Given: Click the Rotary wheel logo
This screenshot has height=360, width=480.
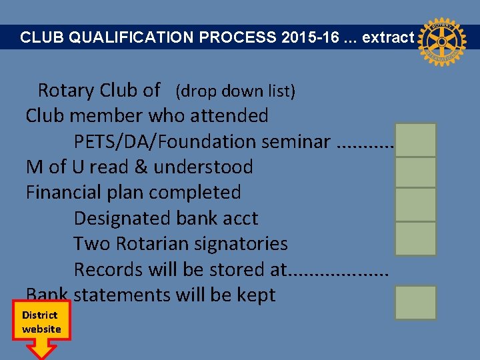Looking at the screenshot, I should [x=439, y=42].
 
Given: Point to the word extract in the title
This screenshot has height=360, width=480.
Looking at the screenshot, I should [x=388, y=37].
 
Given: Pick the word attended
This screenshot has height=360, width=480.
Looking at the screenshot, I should [x=229, y=115].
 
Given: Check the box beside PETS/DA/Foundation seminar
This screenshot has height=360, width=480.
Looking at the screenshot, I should [x=415, y=140].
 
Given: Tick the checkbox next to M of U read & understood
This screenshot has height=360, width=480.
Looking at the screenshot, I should [x=415, y=172].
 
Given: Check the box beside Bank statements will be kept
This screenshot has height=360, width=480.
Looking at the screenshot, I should [x=415, y=303].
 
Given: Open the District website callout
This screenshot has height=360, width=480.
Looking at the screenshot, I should [x=41, y=323].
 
